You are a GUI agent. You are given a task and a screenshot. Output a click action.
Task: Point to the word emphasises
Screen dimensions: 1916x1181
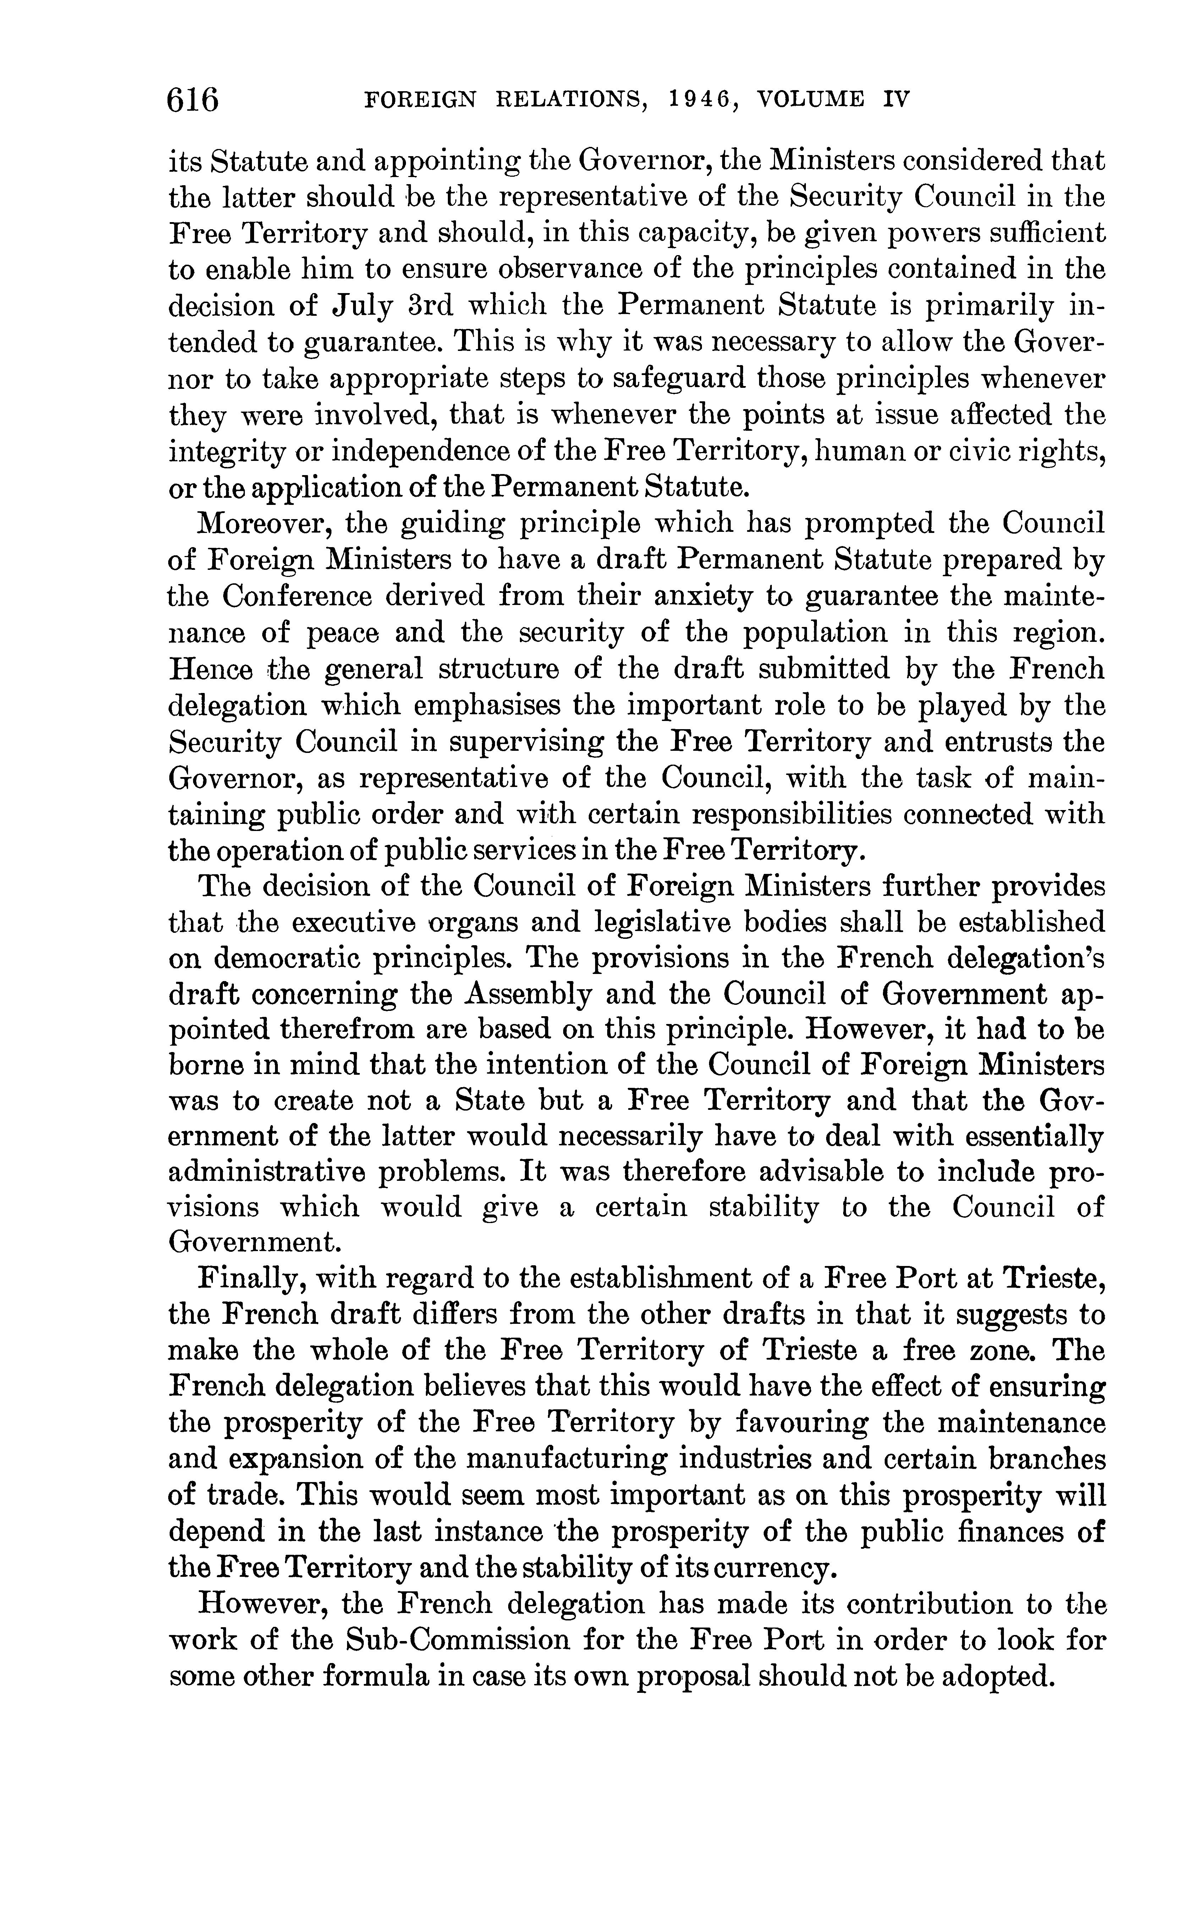[487, 705]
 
